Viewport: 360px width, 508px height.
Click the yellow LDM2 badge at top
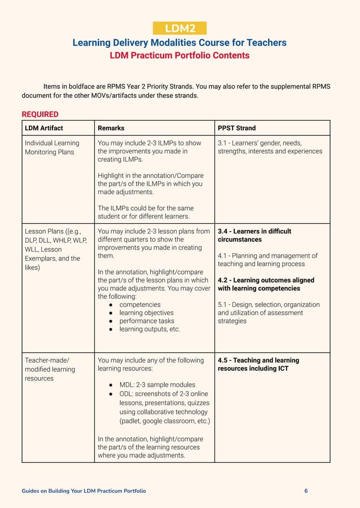[x=179, y=29]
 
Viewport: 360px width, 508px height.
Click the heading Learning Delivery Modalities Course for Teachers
[x=179, y=43]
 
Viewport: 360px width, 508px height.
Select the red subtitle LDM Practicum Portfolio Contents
[x=179, y=56]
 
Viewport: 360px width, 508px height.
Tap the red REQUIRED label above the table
[x=40, y=114]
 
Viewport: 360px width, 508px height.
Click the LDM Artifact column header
[x=44, y=128]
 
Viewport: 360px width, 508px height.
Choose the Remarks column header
[x=111, y=128]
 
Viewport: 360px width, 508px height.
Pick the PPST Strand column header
[x=236, y=128]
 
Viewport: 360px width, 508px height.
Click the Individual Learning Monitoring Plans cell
[x=52, y=147]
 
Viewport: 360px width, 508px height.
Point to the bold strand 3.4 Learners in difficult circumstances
[x=254, y=235]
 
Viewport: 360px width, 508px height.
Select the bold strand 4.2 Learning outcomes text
[x=266, y=284]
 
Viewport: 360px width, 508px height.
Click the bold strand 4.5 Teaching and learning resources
[x=258, y=364]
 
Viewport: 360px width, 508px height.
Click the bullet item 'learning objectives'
[x=146, y=312]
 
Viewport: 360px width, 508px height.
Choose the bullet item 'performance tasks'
[x=147, y=321]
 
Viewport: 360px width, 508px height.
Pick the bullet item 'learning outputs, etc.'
[x=150, y=329]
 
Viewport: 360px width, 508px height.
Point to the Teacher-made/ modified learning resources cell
[x=50, y=369]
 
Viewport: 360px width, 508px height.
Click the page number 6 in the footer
[x=306, y=491]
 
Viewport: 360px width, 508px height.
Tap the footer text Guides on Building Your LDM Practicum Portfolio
[x=84, y=491]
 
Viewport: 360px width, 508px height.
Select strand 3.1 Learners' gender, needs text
[x=270, y=147]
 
